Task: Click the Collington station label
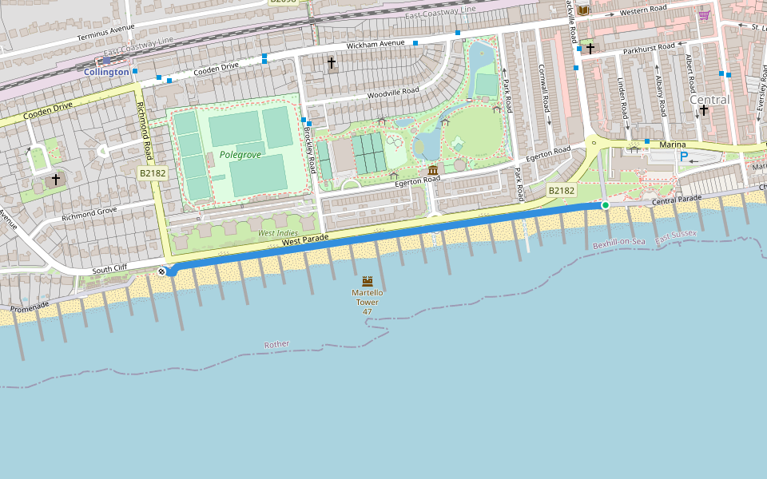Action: [106, 72]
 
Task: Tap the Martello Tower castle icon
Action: [368, 281]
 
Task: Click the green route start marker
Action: [606, 205]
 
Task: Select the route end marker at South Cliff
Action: [162, 272]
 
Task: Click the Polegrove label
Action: [240, 155]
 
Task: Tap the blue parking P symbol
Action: [683, 156]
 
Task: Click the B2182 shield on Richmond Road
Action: [152, 173]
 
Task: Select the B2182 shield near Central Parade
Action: [561, 190]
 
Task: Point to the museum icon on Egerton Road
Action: [432, 170]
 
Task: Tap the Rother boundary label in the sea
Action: [276, 344]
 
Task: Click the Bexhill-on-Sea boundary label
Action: [618, 242]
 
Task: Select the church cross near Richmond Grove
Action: [55, 180]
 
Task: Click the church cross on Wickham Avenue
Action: [332, 62]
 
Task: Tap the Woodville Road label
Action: [393, 93]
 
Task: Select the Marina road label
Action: [673, 144]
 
